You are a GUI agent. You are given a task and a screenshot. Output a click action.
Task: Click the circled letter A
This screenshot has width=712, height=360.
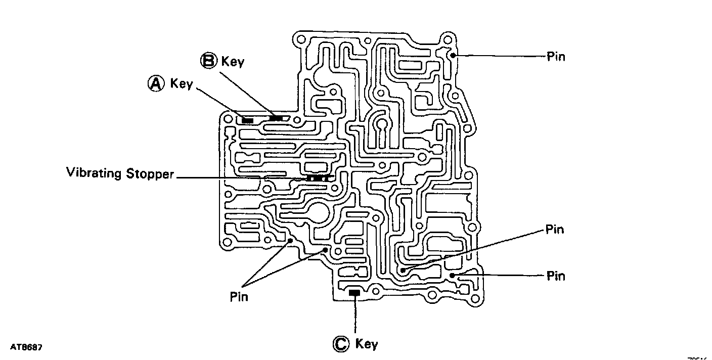click(156, 84)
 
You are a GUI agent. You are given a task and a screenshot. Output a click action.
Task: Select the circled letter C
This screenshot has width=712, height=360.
click(340, 344)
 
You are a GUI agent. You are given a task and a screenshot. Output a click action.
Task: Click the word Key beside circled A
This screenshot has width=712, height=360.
click(182, 83)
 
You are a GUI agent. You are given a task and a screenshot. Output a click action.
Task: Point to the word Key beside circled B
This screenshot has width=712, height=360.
click(233, 62)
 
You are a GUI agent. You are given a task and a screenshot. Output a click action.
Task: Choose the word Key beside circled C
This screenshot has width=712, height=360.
click(367, 344)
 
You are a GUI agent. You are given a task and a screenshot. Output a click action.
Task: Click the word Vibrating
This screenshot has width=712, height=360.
click(94, 173)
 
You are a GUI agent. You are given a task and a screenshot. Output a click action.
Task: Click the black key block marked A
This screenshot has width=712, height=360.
click(247, 120)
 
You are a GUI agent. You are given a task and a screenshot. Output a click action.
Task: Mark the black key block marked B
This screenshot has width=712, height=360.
click(276, 118)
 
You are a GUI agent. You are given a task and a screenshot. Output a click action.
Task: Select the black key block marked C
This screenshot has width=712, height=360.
click(355, 293)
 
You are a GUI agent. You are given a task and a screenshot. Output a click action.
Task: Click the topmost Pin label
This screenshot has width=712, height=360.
click(556, 56)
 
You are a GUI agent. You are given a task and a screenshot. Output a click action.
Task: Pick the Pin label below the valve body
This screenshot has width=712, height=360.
click(239, 296)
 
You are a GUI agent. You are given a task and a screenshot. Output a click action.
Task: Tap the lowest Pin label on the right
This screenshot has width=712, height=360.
click(556, 276)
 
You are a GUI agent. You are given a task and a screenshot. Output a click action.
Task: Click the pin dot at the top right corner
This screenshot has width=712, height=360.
click(454, 55)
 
